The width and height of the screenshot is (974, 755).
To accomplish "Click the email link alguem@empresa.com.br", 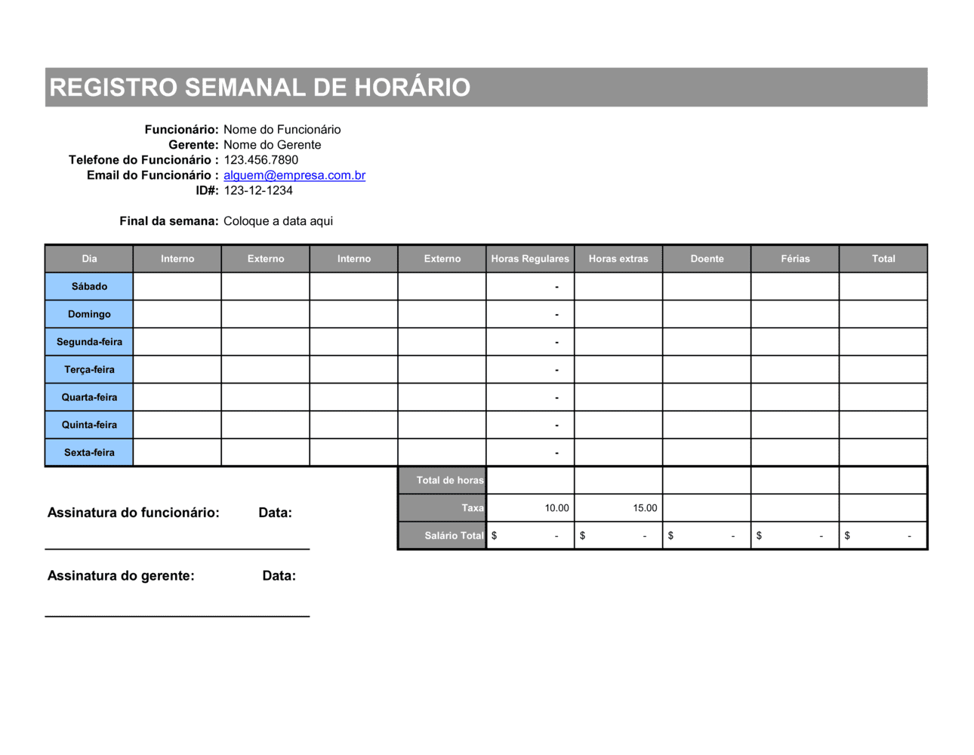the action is pyautogui.click(x=294, y=175).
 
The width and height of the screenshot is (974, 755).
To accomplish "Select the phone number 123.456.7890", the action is pyautogui.click(x=260, y=160).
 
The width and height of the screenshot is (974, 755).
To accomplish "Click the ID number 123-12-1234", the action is pyautogui.click(x=258, y=190).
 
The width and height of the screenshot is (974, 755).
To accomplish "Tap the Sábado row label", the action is pyautogui.click(x=89, y=287).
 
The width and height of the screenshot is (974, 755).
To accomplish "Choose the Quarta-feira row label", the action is pyautogui.click(x=89, y=397).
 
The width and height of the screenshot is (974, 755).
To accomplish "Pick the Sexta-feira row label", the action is pyautogui.click(x=89, y=453).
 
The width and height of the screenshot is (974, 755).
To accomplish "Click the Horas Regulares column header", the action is pyautogui.click(x=530, y=259).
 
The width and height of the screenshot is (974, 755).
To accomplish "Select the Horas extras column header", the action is pyautogui.click(x=618, y=259).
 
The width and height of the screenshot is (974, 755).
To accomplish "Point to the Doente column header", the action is pyautogui.click(x=707, y=259).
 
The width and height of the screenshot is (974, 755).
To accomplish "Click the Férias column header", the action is pyautogui.click(x=795, y=259).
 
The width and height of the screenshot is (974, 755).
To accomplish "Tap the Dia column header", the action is pyautogui.click(x=89, y=259).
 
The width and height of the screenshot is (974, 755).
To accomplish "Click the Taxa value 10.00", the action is pyautogui.click(x=556, y=508).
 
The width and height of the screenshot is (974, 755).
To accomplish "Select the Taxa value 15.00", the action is pyautogui.click(x=645, y=508).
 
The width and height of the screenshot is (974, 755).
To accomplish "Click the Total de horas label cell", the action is pyautogui.click(x=449, y=480).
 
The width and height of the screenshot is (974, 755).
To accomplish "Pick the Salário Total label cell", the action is pyautogui.click(x=453, y=536).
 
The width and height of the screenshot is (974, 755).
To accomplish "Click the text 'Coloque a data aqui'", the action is pyautogui.click(x=278, y=221).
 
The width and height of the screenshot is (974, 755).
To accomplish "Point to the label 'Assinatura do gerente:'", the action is pyautogui.click(x=121, y=576).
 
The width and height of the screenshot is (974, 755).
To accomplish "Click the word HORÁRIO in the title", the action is pyautogui.click(x=412, y=88).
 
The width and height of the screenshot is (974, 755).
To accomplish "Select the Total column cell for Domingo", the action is pyautogui.click(x=883, y=314).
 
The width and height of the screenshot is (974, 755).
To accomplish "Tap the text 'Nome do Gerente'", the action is pyautogui.click(x=272, y=145).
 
